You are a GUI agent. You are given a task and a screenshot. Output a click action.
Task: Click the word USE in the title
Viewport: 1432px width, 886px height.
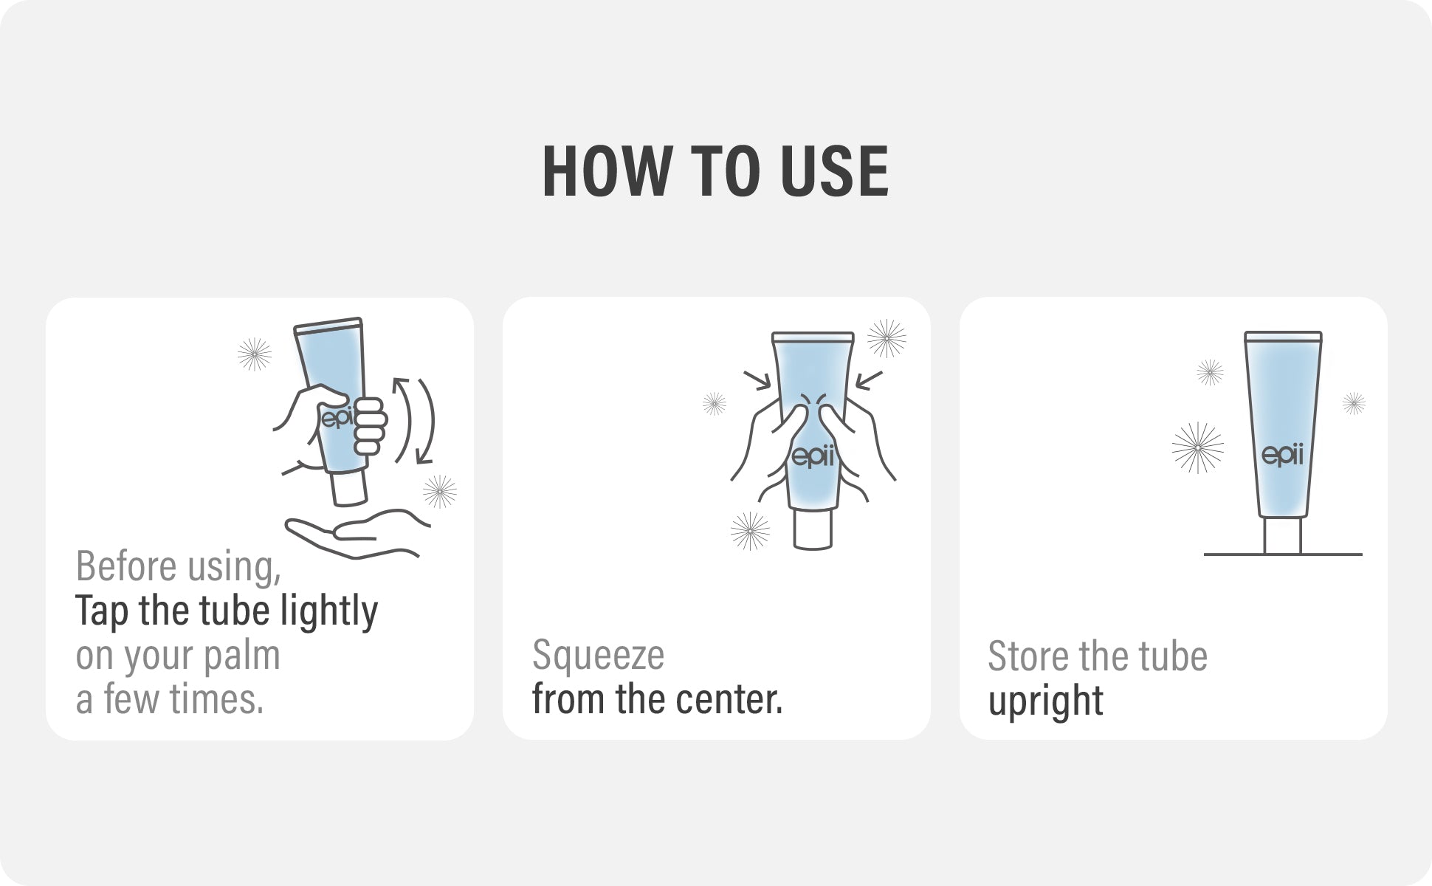(x=835, y=171)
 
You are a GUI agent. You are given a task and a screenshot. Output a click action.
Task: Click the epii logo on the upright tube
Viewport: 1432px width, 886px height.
(x=1283, y=455)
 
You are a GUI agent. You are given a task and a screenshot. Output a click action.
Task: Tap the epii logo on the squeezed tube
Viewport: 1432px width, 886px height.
(x=813, y=457)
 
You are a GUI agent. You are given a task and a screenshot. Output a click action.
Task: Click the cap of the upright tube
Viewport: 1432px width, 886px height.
(x=1283, y=535)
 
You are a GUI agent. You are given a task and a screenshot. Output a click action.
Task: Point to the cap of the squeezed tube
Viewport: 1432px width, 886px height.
(x=813, y=529)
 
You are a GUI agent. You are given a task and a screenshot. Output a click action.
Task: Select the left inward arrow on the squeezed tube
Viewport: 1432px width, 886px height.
(x=758, y=380)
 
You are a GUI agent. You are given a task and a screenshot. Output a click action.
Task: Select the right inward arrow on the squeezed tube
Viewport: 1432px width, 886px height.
(x=869, y=380)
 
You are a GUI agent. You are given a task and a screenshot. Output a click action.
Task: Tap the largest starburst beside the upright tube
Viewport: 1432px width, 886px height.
(x=1198, y=447)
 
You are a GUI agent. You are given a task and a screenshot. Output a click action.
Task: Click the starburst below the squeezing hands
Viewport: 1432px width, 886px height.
(x=750, y=531)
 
